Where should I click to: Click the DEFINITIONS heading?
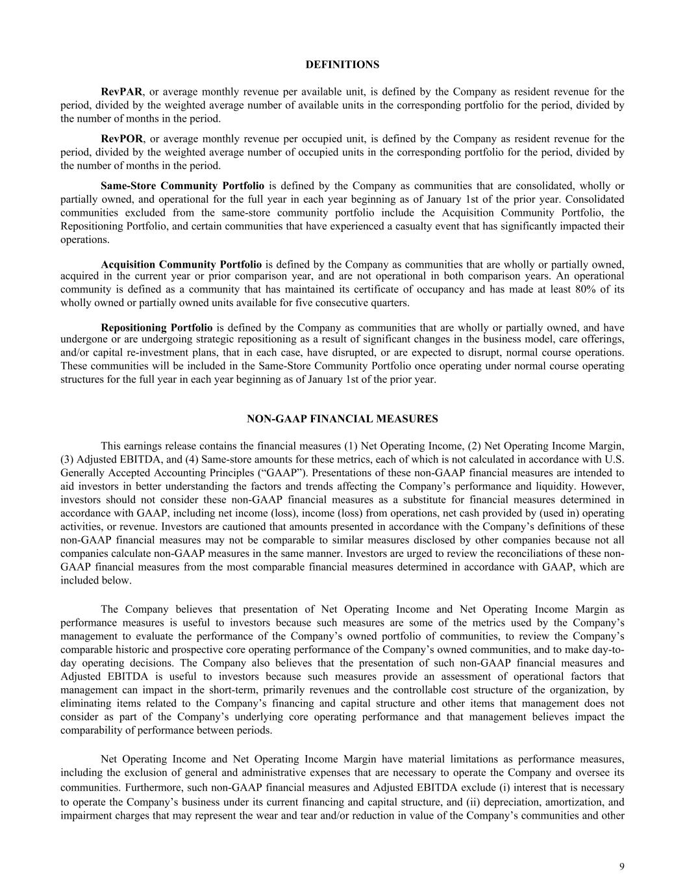(342, 65)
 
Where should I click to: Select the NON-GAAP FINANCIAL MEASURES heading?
(342, 419)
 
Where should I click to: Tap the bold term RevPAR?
(121, 92)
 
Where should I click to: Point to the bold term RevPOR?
(122, 138)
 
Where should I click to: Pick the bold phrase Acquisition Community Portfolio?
(181, 264)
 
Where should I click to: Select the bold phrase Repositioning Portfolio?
(156, 328)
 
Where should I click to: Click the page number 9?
(621, 866)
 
